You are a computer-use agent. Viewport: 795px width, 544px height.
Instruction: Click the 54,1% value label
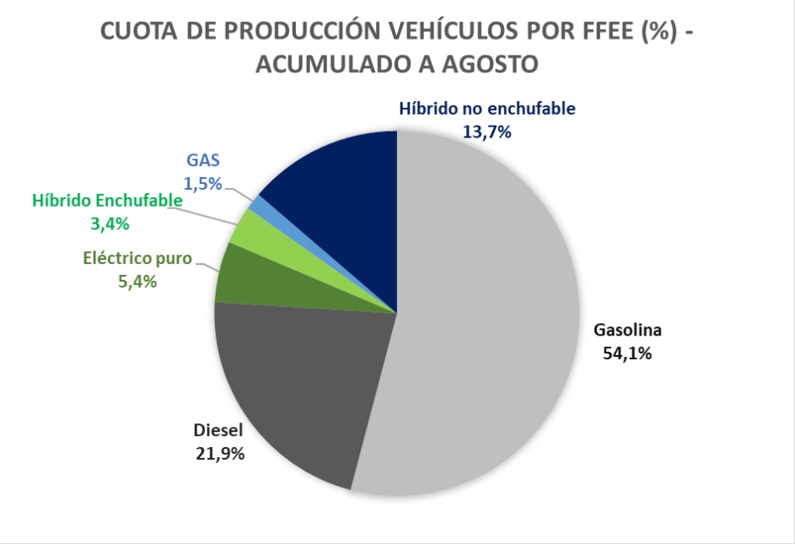(627, 354)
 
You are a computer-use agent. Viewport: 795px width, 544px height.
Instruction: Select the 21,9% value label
(219, 454)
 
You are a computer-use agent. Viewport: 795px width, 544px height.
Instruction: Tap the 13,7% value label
(486, 131)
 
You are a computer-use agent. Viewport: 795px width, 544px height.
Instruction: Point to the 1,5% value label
(202, 182)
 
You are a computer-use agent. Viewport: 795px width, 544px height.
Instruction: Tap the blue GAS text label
(203, 159)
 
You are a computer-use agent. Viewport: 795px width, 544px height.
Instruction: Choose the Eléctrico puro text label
(138, 258)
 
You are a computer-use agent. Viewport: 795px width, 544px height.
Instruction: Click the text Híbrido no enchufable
(486, 108)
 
